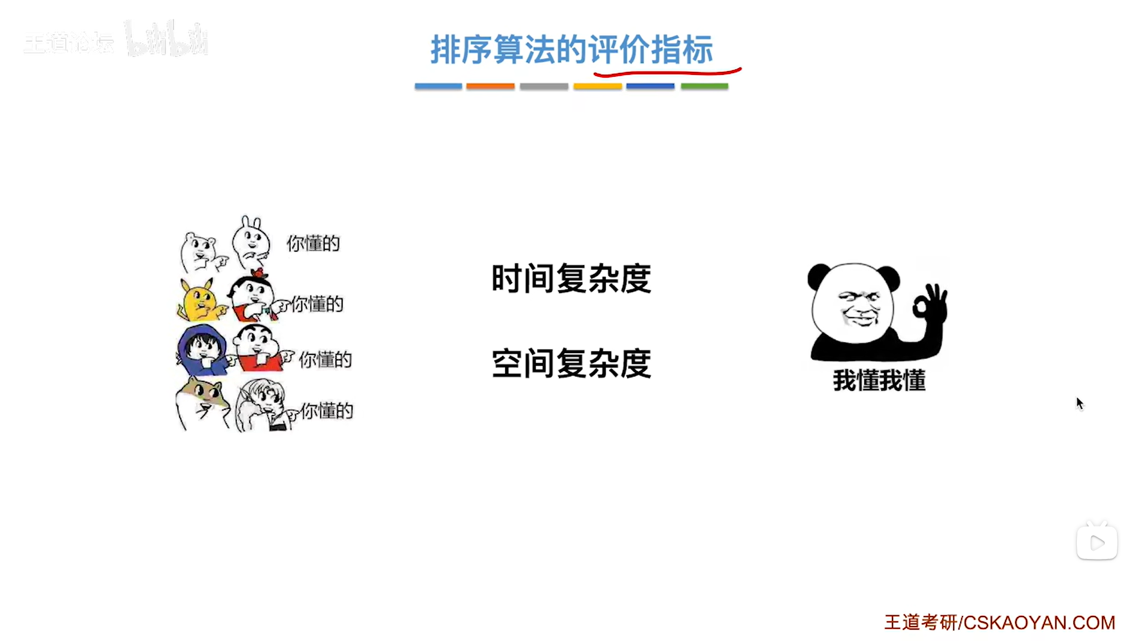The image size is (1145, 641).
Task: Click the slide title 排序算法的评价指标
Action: coord(572,49)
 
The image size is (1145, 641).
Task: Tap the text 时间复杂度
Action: coord(571,279)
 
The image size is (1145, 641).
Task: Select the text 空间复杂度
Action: coord(571,363)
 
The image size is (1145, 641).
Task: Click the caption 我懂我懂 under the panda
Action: coord(879,381)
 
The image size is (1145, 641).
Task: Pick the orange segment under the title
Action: coord(490,86)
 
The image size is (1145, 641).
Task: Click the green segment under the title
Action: coord(704,86)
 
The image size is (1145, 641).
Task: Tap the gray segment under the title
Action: coord(543,86)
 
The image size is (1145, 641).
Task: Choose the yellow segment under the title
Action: coord(597,86)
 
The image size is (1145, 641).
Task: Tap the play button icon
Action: coord(1097,543)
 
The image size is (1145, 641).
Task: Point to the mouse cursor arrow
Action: coord(1079,403)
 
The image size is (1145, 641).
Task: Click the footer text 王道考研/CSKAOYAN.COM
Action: coord(1000,622)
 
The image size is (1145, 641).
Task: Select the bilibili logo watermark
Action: coord(166,40)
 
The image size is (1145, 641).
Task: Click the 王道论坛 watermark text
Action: coord(69,42)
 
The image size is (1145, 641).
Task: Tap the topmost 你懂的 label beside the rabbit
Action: coord(313,244)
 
